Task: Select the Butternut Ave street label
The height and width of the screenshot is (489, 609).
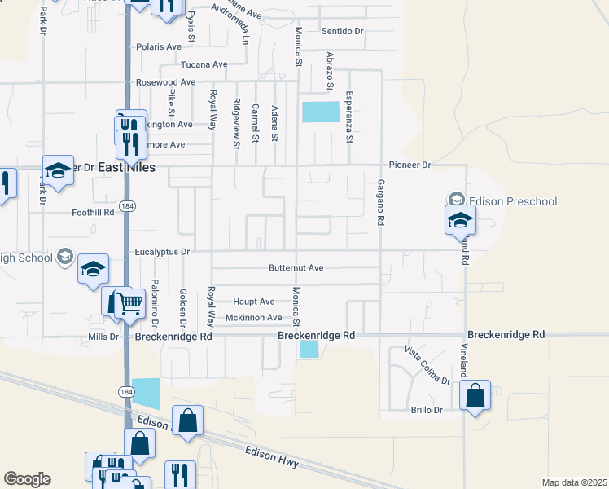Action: pos(296,267)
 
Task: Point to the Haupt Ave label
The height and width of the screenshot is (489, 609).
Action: pos(254,301)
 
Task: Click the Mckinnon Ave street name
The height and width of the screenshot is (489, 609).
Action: pos(253,317)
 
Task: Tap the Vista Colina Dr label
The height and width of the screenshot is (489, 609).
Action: pos(427,365)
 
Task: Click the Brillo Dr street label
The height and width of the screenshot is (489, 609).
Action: pos(427,410)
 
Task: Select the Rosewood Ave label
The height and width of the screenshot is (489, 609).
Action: pos(166,82)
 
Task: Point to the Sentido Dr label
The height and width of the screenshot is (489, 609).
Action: pos(342,31)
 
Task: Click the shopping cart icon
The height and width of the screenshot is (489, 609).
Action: pos(130,304)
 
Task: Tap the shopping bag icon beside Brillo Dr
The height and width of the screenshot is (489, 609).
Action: pos(475,396)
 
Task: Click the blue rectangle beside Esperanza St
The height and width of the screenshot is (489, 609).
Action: pos(320,112)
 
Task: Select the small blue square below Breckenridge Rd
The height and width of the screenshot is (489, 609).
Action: pos(309,349)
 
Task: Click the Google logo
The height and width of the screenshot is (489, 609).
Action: pos(27,479)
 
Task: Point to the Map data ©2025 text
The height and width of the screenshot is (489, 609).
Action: pos(574,482)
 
